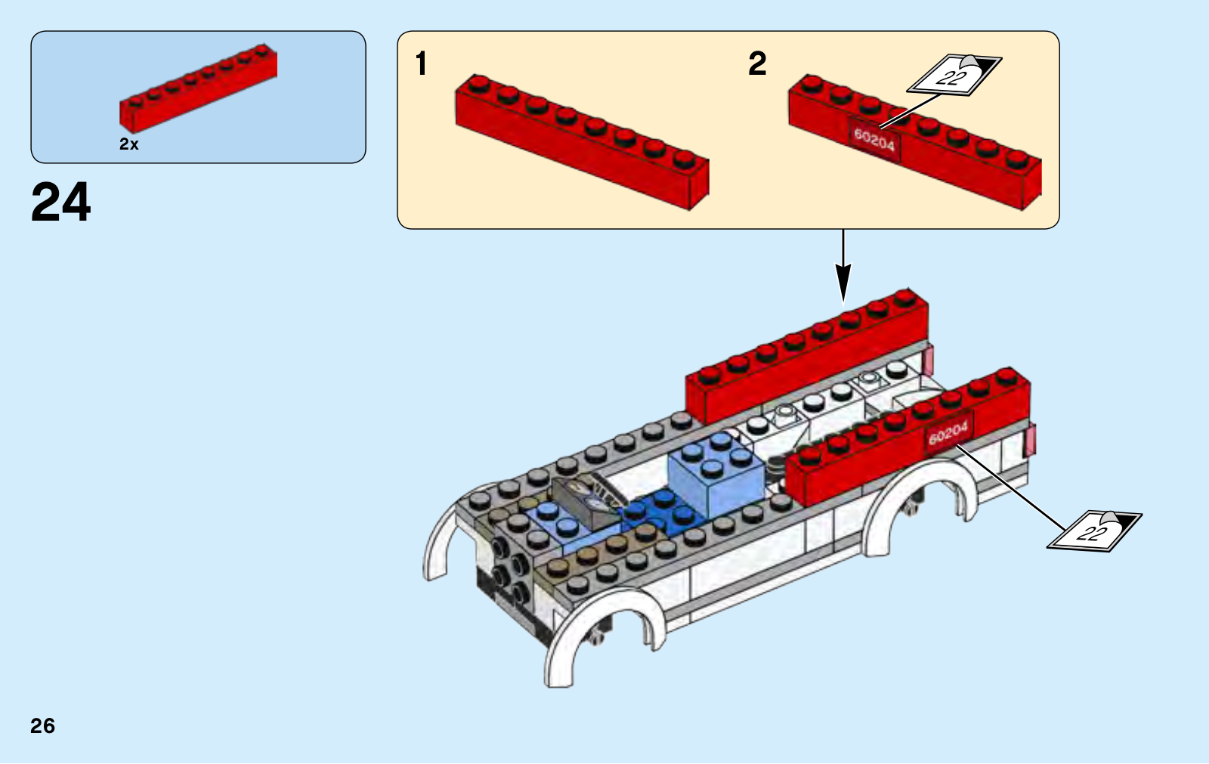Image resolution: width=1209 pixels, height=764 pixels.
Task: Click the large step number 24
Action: [x=61, y=202]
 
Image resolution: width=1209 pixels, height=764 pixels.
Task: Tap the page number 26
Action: [x=42, y=725]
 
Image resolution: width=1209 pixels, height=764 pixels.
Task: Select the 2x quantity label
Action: [x=129, y=144]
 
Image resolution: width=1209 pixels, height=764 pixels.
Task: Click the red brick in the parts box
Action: [x=198, y=88]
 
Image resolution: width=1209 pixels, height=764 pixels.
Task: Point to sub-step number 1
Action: [x=422, y=63]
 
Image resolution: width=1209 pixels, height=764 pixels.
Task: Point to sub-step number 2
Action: [x=757, y=63]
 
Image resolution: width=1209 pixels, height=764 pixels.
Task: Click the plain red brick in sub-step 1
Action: [x=583, y=142]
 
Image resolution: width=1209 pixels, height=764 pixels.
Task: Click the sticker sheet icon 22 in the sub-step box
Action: [x=954, y=75]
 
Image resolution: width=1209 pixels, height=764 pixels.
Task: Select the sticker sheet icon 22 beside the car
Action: [x=1094, y=531]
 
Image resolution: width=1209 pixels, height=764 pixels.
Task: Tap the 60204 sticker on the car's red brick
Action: [x=949, y=434]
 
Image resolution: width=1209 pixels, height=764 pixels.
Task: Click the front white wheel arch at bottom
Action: [x=604, y=637]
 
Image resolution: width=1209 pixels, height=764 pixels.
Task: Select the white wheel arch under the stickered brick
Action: [x=920, y=505]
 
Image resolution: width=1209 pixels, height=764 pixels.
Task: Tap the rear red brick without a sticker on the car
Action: [x=807, y=357]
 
